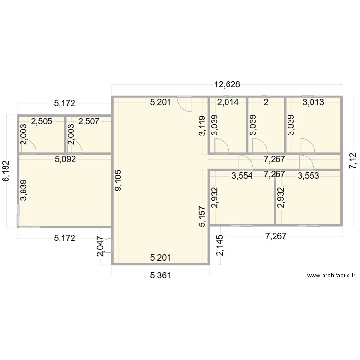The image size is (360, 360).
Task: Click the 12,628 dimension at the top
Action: tap(227, 85)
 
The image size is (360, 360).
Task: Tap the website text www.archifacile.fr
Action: tap(331, 276)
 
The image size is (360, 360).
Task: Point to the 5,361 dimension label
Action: tap(160, 276)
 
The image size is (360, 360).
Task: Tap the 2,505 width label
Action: tap(41, 121)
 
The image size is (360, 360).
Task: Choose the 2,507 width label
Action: tap(89, 121)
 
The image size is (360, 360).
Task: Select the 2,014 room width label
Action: tap(227, 102)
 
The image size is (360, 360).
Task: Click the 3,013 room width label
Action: tap(312, 102)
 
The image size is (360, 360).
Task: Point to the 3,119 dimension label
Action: tap(202, 126)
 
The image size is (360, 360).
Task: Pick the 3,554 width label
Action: tap(242, 176)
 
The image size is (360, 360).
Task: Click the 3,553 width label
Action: tap(308, 176)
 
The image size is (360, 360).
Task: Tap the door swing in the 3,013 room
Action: tap(306, 144)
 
